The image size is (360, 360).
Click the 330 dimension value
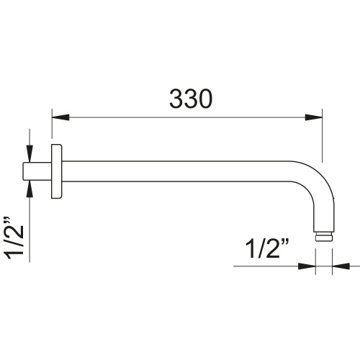pyautogui.click(x=191, y=100)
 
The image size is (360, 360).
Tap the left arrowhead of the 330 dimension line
pyautogui.click(x=58, y=116)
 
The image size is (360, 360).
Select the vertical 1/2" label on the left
pyautogui.click(x=16, y=236)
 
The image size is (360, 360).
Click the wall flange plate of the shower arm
pyautogui.click(x=56, y=172)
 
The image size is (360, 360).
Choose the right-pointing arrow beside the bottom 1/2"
pyautogui.click(x=309, y=267)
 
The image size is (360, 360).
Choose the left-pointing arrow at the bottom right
pyautogui.click(x=338, y=267)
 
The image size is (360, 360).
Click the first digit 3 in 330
pyautogui.click(x=176, y=100)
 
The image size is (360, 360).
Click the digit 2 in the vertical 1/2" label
pyautogui.click(x=16, y=232)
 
